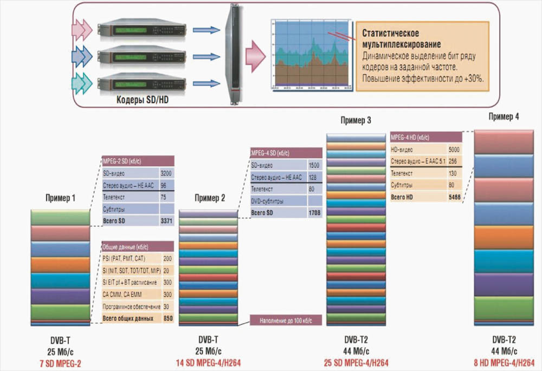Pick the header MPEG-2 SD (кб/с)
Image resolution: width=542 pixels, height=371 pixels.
[x=138, y=161]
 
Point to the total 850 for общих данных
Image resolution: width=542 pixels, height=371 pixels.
[x=167, y=318]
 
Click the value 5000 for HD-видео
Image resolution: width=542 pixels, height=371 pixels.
[x=454, y=148]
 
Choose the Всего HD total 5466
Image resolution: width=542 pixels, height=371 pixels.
[x=454, y=198]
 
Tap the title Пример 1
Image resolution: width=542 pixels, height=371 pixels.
[x=60, y=198]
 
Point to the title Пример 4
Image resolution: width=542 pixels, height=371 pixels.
[x=504, y=116]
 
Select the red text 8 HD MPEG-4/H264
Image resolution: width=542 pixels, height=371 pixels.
[x=504, y=362]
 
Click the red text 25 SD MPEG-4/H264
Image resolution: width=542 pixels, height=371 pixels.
[x=356, y=362]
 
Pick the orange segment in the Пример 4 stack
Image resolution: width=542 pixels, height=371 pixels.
[x=504, y=237]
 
